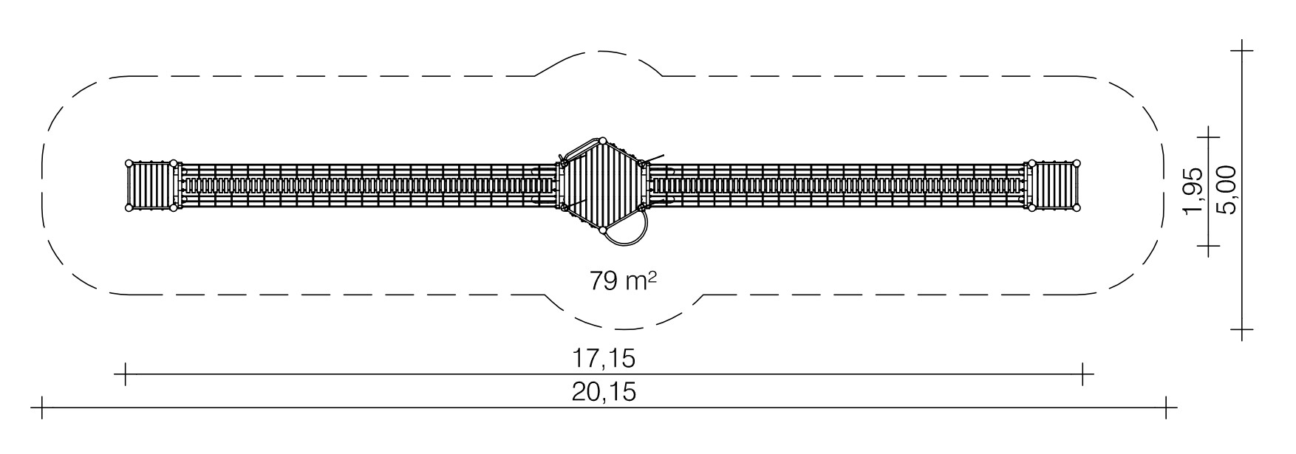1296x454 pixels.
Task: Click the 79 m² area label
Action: coord(623,281)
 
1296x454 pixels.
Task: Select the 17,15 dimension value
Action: coord(604,359)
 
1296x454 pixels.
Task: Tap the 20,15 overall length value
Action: coord(604,391)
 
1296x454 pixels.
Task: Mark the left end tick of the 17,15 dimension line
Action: coord(126,374)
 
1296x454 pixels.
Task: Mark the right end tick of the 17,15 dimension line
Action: coord(1082,374)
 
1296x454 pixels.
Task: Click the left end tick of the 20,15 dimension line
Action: coord(43,407)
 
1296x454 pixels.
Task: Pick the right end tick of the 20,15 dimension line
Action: coord(1166,407)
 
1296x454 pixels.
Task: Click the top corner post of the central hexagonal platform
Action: coord(602,140)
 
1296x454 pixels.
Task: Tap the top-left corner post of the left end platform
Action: coord(129,163)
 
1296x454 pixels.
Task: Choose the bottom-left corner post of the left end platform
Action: coord(129,209)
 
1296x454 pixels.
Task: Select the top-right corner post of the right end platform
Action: coord(1077,163)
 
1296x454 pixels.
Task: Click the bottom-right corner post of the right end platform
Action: coord(1077,209)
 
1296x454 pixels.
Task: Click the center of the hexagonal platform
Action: coord(602,185)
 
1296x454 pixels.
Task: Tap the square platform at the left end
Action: coord(151,186)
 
